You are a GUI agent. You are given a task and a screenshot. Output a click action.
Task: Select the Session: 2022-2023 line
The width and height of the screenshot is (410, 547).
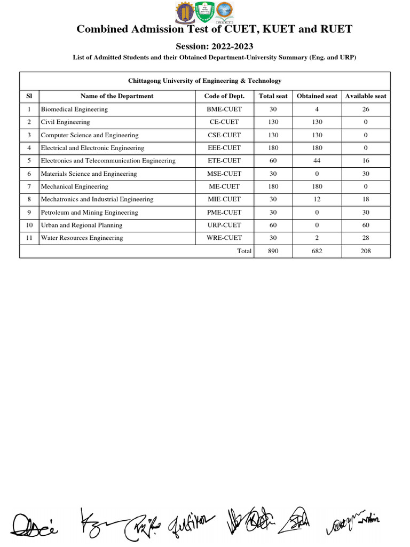[x=215, y=46]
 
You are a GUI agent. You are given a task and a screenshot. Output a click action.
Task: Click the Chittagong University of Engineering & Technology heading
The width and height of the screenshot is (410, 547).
[x=204, y=81]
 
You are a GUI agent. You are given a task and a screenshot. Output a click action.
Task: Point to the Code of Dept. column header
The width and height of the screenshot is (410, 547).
[x=224, y=96]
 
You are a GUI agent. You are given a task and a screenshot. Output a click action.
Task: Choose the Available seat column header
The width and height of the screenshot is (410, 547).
[x=366, y=96]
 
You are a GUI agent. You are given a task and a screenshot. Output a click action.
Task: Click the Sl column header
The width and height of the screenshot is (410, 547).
[x=29, y=96]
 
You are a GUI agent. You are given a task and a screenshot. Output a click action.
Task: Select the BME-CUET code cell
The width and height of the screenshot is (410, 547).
[x=224, y=110]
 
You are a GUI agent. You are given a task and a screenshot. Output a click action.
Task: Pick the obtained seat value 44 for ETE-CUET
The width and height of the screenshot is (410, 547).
[x=317, y=161]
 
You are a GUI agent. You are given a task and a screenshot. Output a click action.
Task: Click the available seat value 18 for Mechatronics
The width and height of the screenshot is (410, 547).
[x=366, y=199]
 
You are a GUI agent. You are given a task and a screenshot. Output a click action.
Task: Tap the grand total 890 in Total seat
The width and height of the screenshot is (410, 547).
[x=273, y=251]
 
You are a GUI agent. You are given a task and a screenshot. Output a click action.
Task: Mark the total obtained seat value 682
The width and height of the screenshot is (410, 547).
[x=317, y=251]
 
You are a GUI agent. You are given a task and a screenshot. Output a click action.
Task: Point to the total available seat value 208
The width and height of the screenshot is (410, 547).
[x=366, y=251]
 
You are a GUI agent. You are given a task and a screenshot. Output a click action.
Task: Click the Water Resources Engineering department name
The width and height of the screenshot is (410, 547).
[x=82, y=238]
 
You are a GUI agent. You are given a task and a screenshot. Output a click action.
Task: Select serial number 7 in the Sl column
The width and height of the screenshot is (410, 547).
[x=29, y=186]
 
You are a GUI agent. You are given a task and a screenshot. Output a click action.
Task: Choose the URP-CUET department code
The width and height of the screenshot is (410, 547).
[x=224, y=225]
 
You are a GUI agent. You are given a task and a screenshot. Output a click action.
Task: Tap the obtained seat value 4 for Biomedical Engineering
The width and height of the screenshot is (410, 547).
[x=317, y=110]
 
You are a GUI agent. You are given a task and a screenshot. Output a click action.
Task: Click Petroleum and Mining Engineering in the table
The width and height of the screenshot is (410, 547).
[x=89, y=213]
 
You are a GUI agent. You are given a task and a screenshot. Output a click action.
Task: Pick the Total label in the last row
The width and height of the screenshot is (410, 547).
[x=244, y=251]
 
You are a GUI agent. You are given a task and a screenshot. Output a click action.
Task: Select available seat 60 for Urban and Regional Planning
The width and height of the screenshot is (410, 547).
[x=366, y=225]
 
